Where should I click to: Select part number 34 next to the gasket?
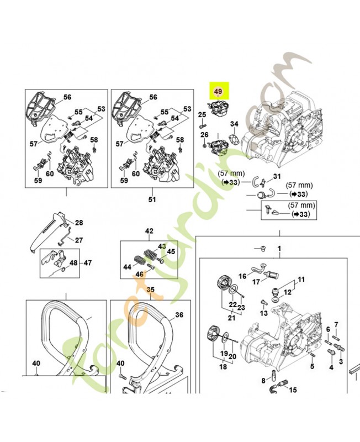(x=234, y=124)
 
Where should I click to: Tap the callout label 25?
(x=202, y=114)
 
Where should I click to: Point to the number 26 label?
(x=204, y=135)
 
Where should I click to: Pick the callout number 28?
(x=79, y=223)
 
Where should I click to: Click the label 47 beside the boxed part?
(x=88, y=263)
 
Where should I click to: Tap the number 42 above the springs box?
(x=149, y=231)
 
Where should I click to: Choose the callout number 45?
(x=171, y=251)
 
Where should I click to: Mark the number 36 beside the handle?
(x=179, y=315)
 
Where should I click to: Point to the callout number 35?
(x=150, y=290)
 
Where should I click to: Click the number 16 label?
(x=242, y=276)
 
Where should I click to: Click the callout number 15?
(x=293, y=390)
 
